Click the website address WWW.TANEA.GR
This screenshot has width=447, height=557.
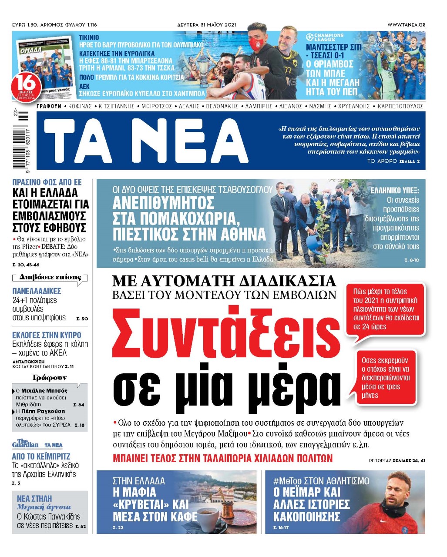tap(406, 25)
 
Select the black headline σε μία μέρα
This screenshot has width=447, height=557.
tap(226, 386)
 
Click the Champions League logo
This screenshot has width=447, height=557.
tap(325, 37)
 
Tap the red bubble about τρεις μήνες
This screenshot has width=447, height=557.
tap(385, 378)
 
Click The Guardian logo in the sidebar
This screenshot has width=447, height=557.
tap(25, 444)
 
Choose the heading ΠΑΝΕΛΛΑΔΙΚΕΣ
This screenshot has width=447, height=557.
tap(37, 291)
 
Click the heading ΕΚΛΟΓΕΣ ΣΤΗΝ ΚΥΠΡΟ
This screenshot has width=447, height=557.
tap(47, 335)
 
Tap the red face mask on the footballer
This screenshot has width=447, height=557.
tap(255, 43)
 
